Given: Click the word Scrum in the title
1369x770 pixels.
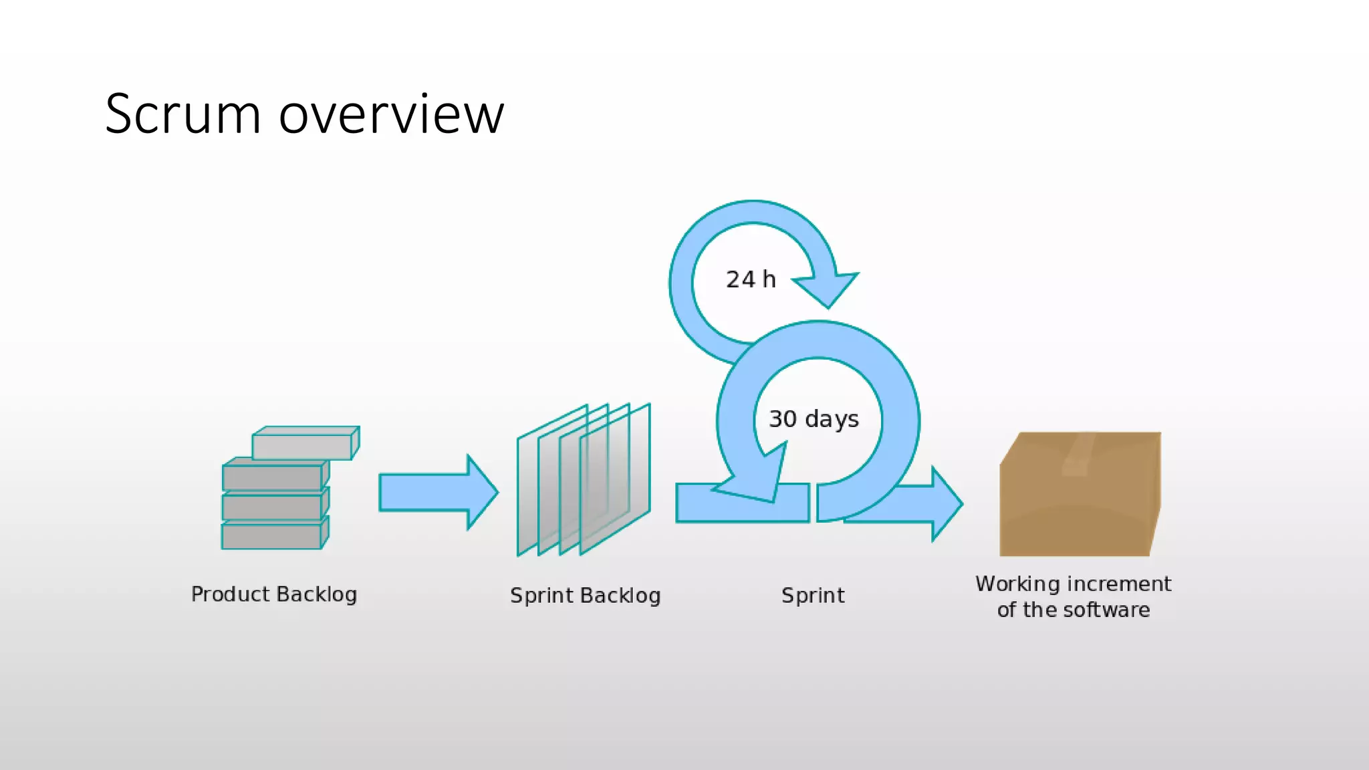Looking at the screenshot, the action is point(182,114).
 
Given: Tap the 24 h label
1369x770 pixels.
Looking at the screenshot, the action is point(751,279).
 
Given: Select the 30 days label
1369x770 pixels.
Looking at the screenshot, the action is point(814,419).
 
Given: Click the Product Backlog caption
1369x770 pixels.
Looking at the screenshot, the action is point(274,594).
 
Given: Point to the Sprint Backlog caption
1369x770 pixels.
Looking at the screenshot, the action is point(586,596).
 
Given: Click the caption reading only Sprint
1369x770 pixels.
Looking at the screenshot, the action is point(813,596).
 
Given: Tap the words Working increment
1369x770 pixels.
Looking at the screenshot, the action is point(1073,584).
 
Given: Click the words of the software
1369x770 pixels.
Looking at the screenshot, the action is point(1074,610).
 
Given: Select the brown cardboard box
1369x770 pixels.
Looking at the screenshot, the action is point(1080,494).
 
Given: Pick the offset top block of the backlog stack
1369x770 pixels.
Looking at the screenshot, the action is point(306,443).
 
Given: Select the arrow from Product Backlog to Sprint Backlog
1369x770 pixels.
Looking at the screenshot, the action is point(439,493).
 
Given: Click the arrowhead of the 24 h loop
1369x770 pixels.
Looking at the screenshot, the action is point(826,289).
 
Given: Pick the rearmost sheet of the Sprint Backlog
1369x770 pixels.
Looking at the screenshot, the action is point(552,480).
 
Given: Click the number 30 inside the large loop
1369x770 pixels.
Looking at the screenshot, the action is point(783,418).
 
